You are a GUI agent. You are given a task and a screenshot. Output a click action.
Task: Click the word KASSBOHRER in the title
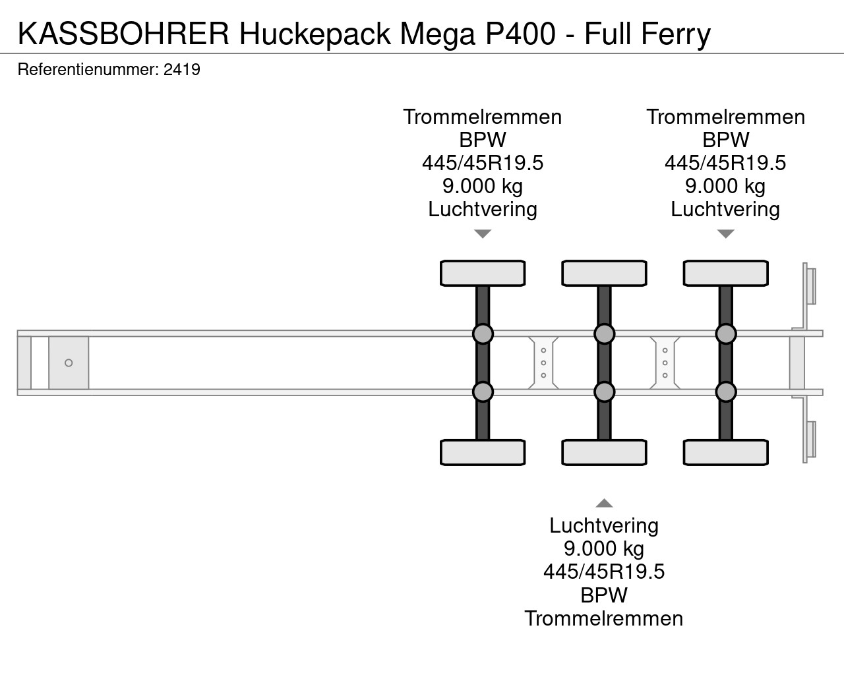[x=123, y=34]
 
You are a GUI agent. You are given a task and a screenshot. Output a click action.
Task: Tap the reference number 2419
[x=182, y=69]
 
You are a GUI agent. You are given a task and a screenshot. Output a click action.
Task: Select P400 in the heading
[x=520, y=34]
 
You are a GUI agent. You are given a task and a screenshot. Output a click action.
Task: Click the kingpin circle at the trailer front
[x=69, y=363]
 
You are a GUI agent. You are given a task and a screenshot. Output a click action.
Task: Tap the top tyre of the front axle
[x=483, y=273]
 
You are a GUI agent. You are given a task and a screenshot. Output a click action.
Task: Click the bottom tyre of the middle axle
[x=604, y=452]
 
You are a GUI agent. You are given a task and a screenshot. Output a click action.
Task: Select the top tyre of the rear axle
[x=725, y=273]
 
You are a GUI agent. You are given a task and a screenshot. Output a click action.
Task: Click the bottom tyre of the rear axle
[x=725, y=452]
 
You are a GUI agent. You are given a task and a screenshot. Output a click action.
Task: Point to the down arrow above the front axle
[x=483, y=233]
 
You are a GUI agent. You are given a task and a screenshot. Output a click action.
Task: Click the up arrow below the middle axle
[x=604, y=503]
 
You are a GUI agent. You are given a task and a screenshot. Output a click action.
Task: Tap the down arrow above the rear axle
[x=725, y=233]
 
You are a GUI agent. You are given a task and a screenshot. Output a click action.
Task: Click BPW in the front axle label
[x=483, y=140]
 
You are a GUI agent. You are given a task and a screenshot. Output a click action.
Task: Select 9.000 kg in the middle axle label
[x=604, y=548]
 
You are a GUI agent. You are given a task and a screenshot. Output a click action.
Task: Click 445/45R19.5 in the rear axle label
[x=725, y=163]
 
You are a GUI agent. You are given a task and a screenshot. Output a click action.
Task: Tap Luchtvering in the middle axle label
[x=604, y=525]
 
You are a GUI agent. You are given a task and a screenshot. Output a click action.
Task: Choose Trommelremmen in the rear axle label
[x=725, y=117]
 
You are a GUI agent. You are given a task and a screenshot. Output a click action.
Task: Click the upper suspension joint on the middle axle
[x=604, y=334]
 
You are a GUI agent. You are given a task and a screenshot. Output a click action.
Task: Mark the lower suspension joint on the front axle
[x=483, y=392]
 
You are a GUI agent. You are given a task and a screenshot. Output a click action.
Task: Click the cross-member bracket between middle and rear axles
[x=665, y=363]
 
